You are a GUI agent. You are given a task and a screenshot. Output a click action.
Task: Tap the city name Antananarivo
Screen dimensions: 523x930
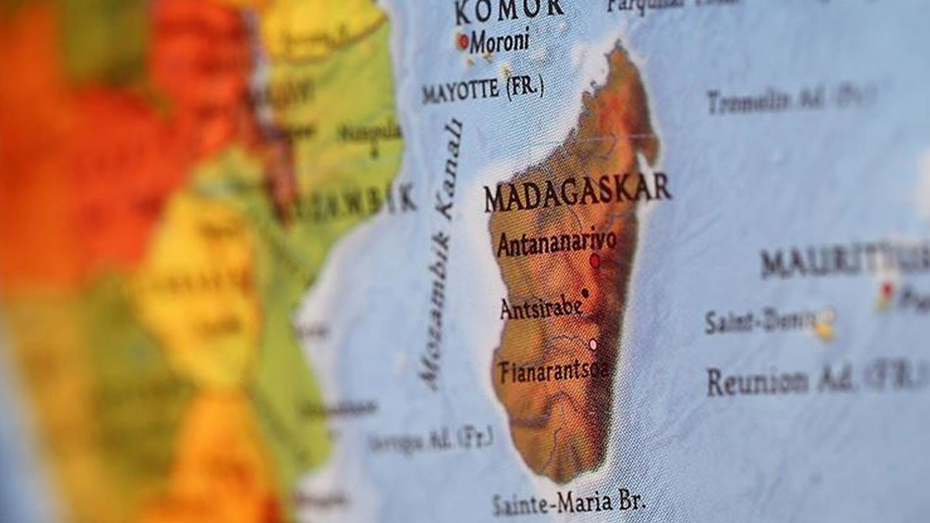pyautogui.click(x=556, y=244)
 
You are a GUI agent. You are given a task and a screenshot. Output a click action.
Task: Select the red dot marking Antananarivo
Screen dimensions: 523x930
pyautogui.click(x=595, y=261)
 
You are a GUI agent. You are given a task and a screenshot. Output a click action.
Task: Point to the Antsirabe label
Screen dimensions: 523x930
pyautogui.click(x=541, y=309)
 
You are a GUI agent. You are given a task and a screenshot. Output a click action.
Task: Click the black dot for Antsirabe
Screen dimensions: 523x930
pyautogui.click(x=585, y=293)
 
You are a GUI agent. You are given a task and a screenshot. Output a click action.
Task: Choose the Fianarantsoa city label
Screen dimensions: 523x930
pyautogui.click(x=554, y=370)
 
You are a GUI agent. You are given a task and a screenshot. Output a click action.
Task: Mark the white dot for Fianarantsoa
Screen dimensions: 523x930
pyautogui.click(x=593, y=345)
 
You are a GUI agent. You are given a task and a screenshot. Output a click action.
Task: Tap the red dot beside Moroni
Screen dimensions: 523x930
pyautogui.click(x=463, y=41)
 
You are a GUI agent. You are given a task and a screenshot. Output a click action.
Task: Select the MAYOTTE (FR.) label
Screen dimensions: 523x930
pyautogui.click(x=483, y=90)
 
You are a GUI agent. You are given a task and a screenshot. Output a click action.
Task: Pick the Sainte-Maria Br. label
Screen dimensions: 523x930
pyautogui.click(x=569, y=501)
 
